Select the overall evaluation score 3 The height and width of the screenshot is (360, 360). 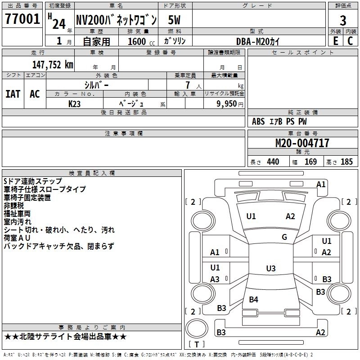pos(343,20)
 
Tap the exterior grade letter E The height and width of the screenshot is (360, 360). pos(335,40)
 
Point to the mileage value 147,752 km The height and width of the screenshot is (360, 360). pos(53,65)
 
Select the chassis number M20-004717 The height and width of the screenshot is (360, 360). pos(302,144)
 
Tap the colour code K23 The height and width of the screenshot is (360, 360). pos(75,103)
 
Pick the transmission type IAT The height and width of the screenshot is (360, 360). pos(13,94)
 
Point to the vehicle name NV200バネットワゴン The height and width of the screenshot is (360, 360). pos(116,20)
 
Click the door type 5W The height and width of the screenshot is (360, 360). pos(175,20)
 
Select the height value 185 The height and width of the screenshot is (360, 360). pos(346,162)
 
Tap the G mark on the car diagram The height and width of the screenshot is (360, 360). pos(284,237)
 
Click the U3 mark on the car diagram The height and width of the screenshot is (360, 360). pos(270,269)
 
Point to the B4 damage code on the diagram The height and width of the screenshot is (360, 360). pos(254,299)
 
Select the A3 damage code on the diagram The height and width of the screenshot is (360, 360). pos(215,279)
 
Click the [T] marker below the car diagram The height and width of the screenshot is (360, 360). pos(197,345)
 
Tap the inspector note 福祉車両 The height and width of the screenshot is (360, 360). pos(17,213)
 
